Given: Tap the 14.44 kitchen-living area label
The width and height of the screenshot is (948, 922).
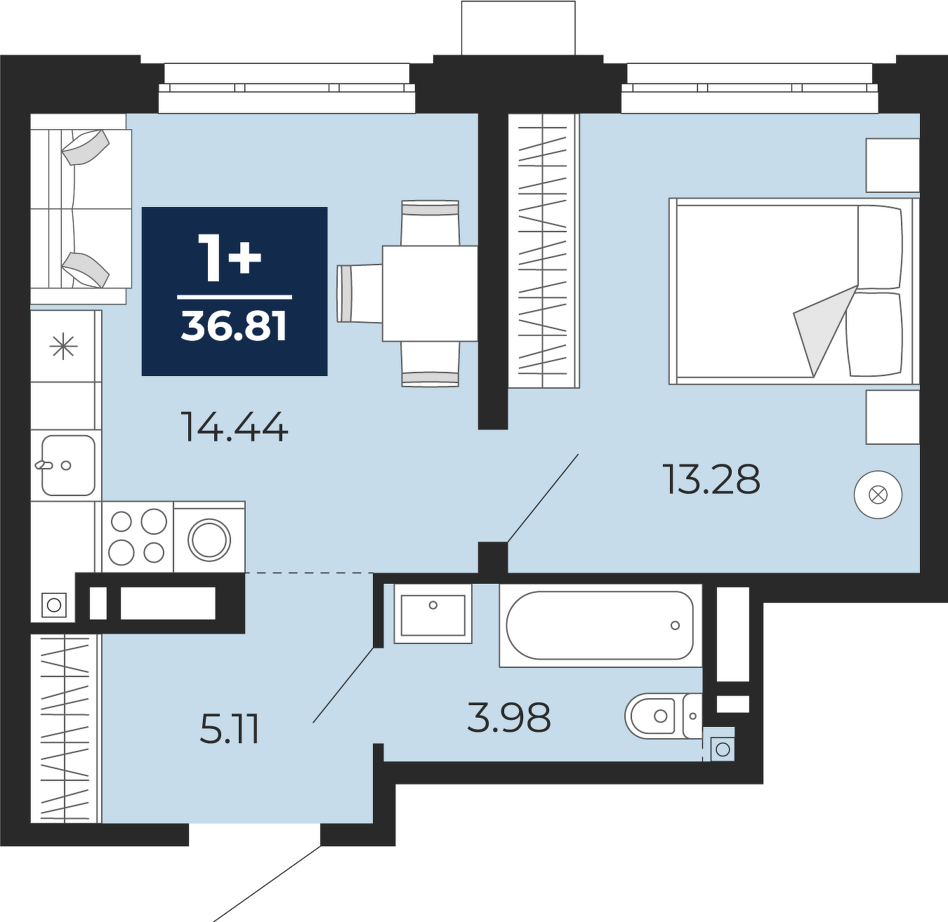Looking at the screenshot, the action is [235, 427].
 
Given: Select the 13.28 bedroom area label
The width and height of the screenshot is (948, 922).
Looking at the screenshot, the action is [712, 479].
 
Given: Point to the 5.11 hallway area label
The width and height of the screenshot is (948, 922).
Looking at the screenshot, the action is [229, 729].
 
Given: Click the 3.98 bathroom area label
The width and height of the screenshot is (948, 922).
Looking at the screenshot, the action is [509, 717].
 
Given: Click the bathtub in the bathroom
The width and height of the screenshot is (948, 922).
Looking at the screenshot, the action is [600, 625].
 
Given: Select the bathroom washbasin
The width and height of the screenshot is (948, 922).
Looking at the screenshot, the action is [433, 614].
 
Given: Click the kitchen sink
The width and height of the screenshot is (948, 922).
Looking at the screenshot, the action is [67, 465].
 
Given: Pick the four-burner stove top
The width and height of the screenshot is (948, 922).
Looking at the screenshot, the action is [138, 537].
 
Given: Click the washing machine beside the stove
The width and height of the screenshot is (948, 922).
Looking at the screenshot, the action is [209, 537].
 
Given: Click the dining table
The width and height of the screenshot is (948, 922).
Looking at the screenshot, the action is [430, 293].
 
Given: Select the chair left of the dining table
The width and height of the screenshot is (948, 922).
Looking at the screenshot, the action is [360, 293].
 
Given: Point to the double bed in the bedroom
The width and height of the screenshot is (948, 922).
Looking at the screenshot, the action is [794, 291].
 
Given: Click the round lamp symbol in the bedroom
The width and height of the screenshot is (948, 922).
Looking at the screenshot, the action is [878, 495].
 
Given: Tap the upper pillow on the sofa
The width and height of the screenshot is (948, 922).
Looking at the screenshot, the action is [86, 147].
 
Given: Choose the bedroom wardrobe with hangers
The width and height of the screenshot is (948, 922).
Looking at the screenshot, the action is [544, 250].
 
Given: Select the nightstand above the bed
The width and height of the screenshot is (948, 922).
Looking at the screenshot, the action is [893, 165].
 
